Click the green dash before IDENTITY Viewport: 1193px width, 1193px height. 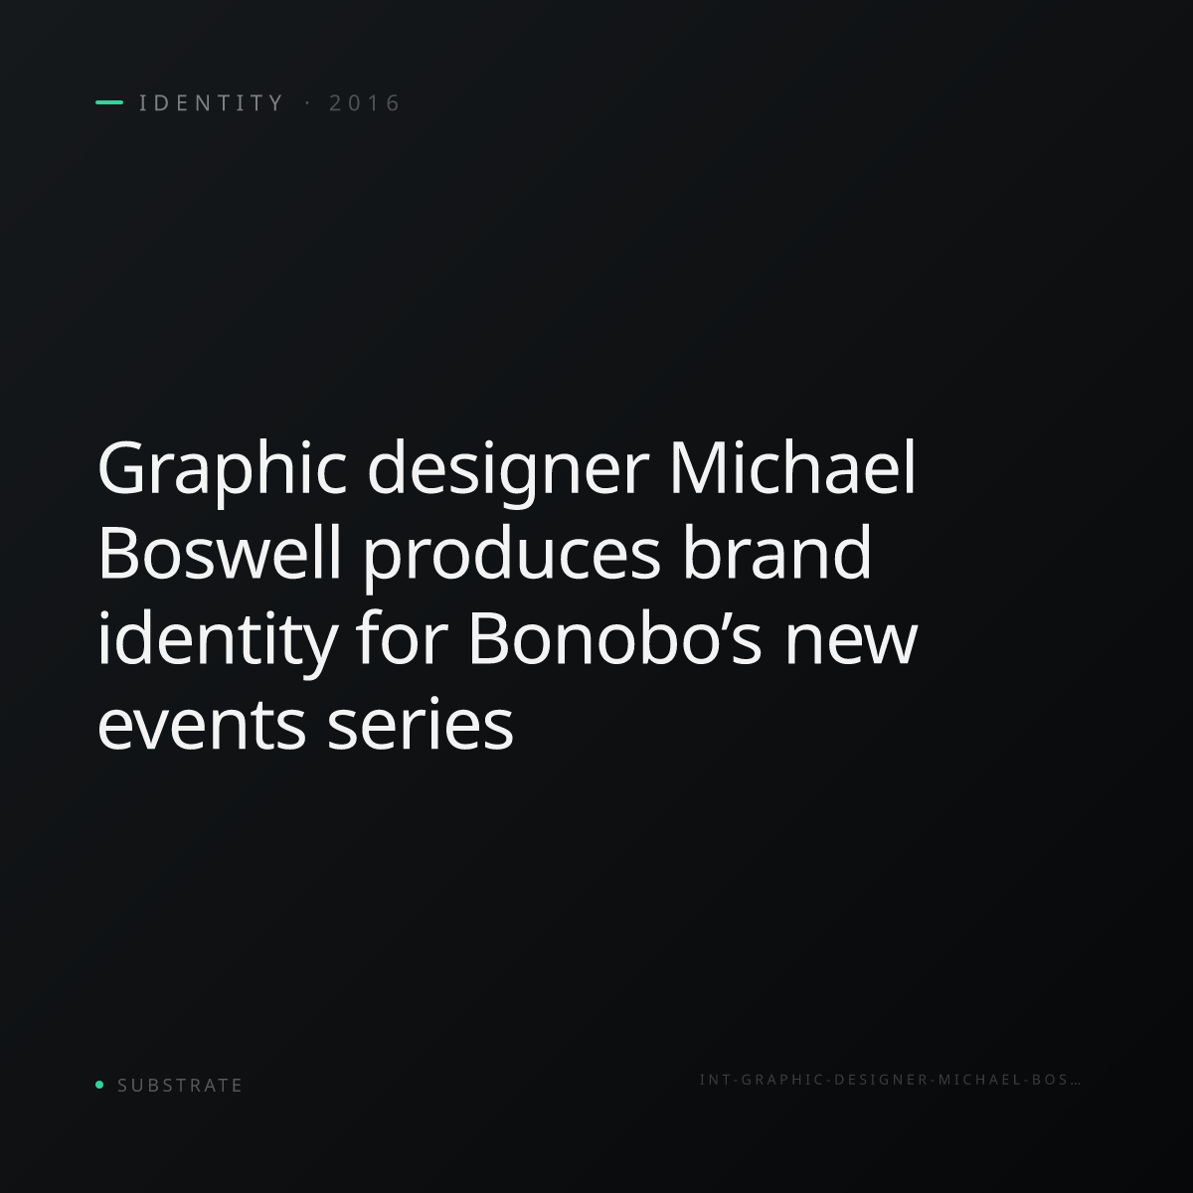109,102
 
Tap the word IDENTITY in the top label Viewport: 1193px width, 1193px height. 211,102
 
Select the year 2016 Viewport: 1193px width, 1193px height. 365,102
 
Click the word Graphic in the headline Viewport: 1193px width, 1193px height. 222,468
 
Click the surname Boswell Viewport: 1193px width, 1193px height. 219,552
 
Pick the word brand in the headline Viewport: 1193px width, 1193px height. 777,552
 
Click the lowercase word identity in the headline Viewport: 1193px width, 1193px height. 218,639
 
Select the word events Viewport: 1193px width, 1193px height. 202,724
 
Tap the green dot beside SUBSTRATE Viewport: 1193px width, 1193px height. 99,1084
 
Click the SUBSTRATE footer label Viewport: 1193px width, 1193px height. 180,1086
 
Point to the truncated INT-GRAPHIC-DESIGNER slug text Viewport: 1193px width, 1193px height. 890,1080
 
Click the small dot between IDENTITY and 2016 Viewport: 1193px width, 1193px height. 307,102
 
